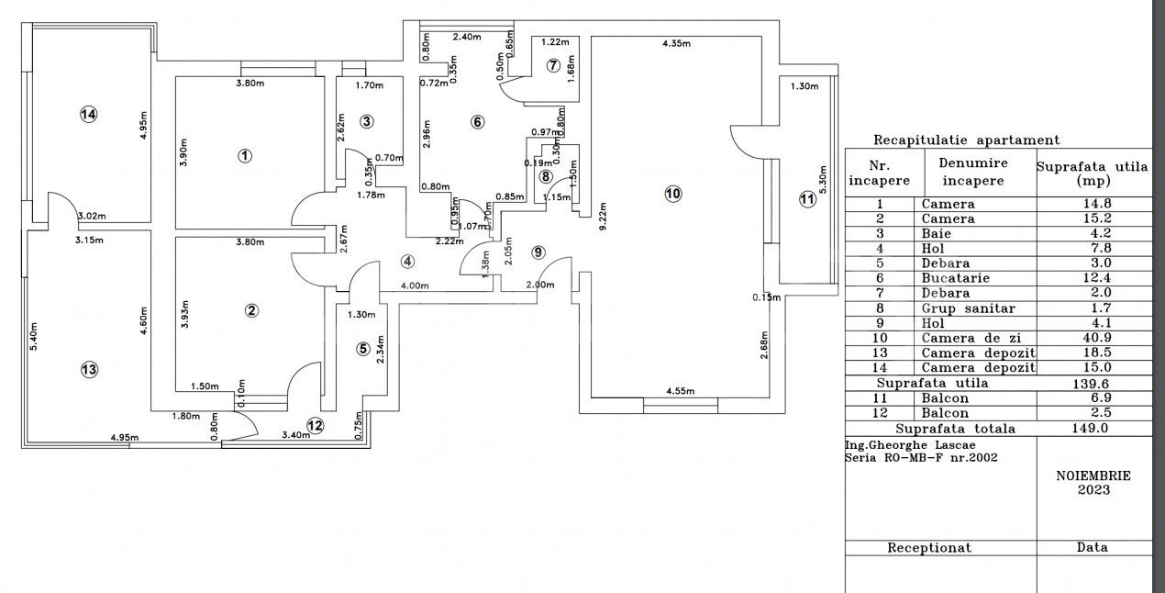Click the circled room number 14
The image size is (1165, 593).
[x=88, y=115]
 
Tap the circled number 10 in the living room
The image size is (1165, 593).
[x=672, y=194]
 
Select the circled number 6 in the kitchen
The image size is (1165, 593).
[x=476, y=122]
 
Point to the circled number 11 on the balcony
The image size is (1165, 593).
[x=806, y=199]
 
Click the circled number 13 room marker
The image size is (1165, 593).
[x=88, y=370]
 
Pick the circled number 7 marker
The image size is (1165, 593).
[x=552, y=65]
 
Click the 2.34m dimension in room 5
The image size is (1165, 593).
[x=380, y=350]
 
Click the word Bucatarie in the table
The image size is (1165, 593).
[x=949, y=277]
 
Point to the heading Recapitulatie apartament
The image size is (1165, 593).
[x=966, y=140]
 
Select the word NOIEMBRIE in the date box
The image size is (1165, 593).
[x=1093, y=476]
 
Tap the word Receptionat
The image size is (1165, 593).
[x=928, y=547]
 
